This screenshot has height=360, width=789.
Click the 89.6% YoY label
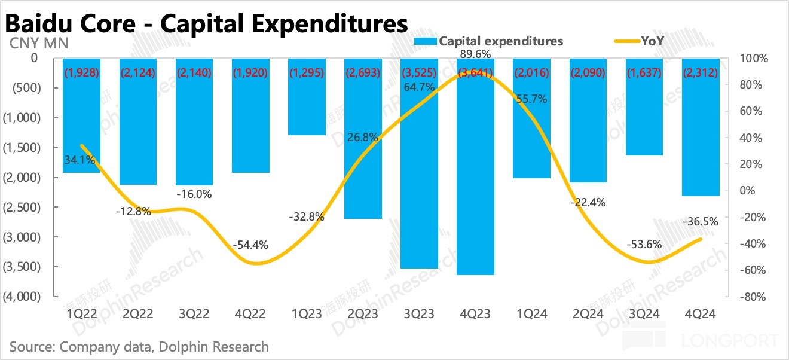pyautogui.click(x=476, y=54)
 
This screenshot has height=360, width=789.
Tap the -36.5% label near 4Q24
pyautogui.click(x=700, y=221)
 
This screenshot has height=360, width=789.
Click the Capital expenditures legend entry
pyautogui.click(x=500, y=41)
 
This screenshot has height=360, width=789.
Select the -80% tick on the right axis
pyautogui.click(x=751, y=297)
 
